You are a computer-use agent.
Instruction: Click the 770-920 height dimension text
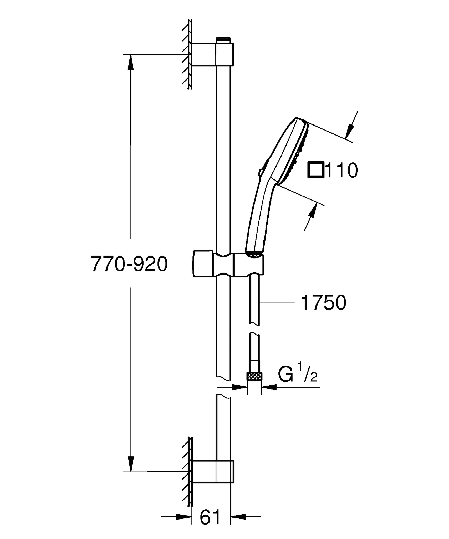tap(129, 264)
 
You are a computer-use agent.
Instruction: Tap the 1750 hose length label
tap(323, 302)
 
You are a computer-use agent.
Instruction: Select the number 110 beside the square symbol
tap(342, 171)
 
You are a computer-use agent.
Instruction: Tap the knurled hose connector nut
tap(254, 376)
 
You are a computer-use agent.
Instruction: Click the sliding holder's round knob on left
tap(203, 263)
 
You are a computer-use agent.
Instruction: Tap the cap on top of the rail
tap(223, 40)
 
